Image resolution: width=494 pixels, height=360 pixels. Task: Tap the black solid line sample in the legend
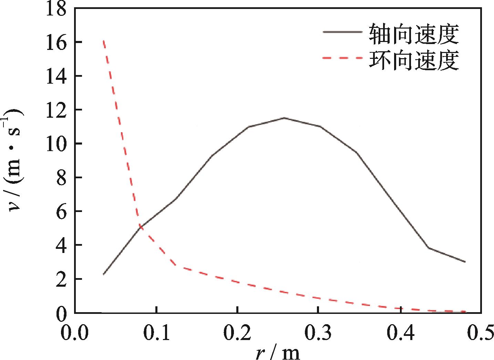click(342, 32)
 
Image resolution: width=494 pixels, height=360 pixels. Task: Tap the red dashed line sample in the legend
click(342, 58)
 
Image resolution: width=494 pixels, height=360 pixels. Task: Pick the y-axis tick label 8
click(62, 178)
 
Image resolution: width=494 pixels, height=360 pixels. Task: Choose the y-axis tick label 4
click(62, 246)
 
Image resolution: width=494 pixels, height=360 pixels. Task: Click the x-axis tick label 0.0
click(75, 333)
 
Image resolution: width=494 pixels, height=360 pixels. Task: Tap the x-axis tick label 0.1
click(156, 333)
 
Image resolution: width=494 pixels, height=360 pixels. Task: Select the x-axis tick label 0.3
click(319, 333)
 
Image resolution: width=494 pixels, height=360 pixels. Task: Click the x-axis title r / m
click(278, 353)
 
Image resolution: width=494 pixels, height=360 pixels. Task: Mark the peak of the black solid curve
click(284, 118)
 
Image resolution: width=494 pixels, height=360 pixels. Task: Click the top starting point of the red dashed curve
click(104, 41)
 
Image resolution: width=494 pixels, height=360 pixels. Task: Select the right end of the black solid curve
click(465, 262)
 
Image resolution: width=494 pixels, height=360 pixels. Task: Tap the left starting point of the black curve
click(103, 274)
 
